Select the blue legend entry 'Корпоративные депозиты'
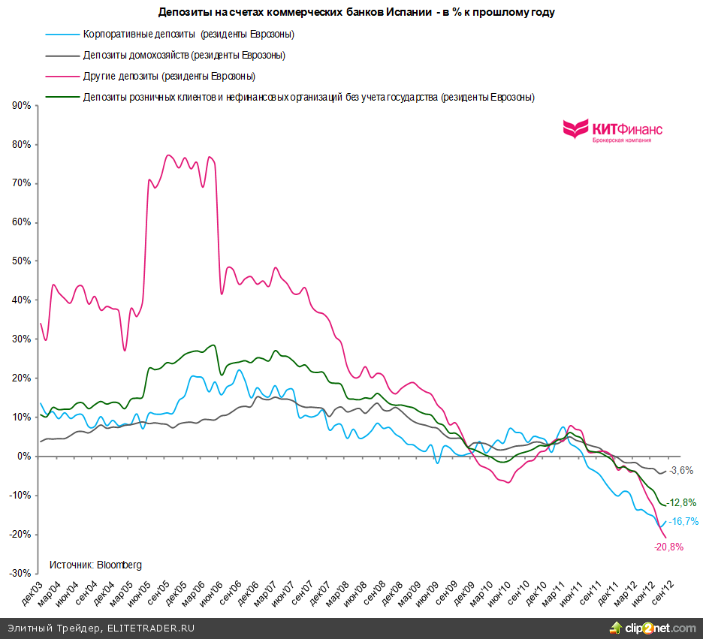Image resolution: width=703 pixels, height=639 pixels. click(188, 35)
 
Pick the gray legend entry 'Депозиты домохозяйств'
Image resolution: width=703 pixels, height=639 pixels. click(184, 56)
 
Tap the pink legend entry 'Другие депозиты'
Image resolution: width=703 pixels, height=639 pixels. click(169, 77)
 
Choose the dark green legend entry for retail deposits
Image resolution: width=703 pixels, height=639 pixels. click(309, 98)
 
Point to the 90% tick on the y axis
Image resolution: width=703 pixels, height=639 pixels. click(21, 106)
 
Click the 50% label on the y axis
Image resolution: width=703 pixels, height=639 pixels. click(21, 261)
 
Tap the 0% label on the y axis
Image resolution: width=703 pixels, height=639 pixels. click(24, 456)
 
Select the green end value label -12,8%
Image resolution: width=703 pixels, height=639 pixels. click(683, 502)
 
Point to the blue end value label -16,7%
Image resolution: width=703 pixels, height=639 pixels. click(683, 521)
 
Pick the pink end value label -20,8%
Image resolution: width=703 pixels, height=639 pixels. click(668, 547)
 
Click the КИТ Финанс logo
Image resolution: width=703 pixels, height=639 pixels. click(613, 131)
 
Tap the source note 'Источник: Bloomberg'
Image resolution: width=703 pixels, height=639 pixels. click(95, 565)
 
